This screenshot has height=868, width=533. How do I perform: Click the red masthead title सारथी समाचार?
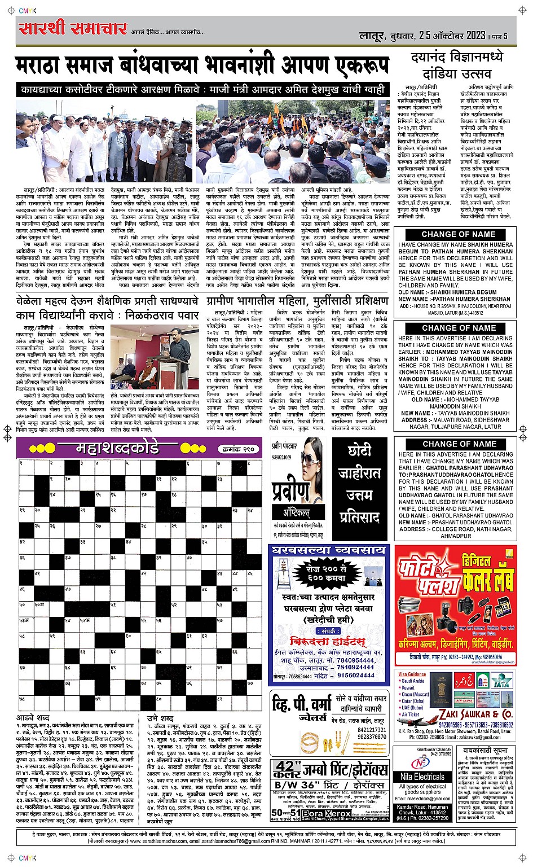click(72, 28)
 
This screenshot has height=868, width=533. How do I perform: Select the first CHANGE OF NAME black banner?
click(458, 234)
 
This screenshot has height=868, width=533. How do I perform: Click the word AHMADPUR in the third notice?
click(456, 536)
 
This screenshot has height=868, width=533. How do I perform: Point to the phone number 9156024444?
click(356, 676)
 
